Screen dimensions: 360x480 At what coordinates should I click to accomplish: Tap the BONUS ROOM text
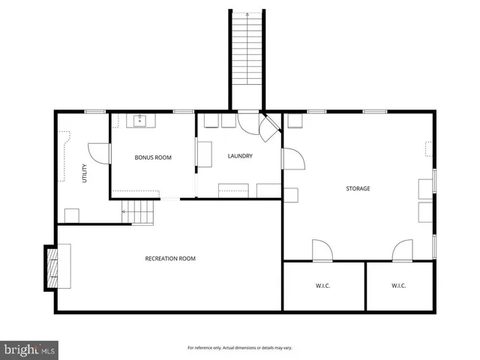tap(153, 157)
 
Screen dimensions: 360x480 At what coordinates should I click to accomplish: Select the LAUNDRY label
tap(240, 156)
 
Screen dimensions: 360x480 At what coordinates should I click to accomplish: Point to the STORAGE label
tap(358, 188)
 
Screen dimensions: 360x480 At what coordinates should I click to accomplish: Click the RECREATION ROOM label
tap(170, 259)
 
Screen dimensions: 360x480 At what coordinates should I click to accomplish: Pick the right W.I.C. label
tap(398, 286)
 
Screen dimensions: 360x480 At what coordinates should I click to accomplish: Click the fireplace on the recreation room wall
tap(52, 268)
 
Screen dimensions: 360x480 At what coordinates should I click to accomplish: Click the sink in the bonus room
tap(140, 119)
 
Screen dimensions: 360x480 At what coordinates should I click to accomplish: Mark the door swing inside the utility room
tap(99, 153)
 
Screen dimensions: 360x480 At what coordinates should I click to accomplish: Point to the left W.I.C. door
tap(321, 250)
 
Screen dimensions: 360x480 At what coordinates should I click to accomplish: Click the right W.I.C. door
tap(402, 250)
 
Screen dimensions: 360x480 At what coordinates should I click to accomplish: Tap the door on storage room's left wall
tap(292, 160)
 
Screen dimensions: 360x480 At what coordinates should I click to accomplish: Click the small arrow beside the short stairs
tap(124, 212)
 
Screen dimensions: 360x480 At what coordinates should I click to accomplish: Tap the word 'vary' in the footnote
tap(286, 348)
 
